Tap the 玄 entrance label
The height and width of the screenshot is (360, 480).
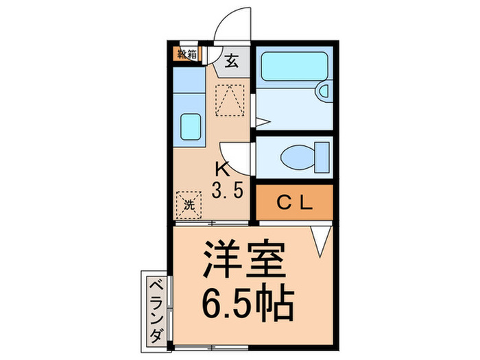230,62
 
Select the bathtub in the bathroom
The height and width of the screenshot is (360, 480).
293,66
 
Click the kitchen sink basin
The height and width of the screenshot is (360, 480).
189,126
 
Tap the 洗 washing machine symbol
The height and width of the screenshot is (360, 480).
189,203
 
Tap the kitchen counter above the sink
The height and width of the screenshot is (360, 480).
189,82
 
